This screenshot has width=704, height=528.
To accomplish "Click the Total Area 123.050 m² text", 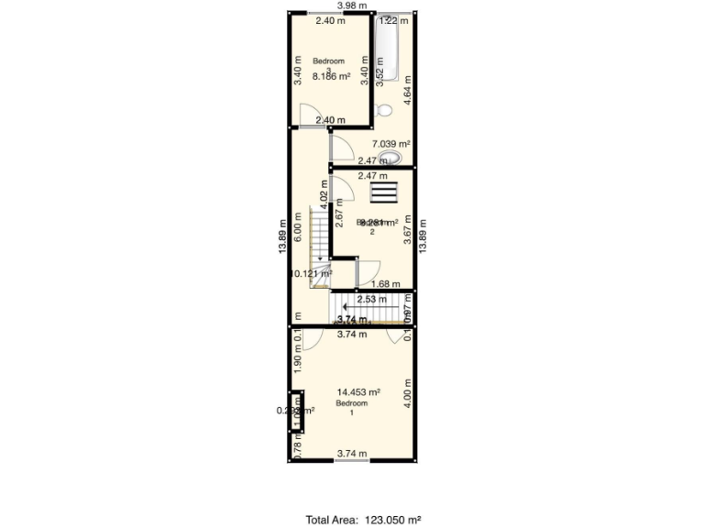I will coord(364,520).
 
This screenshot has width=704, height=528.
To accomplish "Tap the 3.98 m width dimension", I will coord(352,5).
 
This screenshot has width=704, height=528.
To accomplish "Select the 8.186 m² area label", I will coord(331,77).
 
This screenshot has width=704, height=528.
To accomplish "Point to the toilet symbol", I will coord(385,110).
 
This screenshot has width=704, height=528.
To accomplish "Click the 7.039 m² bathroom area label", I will coord(390,144).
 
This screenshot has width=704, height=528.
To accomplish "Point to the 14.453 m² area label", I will coord(352,392).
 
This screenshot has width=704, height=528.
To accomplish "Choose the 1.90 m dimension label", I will coord(297,366).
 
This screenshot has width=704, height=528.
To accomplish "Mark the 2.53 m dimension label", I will coord(371,299).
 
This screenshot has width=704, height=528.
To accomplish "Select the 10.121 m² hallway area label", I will coord(311,273).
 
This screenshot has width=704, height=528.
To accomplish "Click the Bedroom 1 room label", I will coord(351,408).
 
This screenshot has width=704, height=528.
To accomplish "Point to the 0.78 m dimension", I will coord(297,446).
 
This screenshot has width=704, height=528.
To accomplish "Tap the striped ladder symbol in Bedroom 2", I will coord(384,192).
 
